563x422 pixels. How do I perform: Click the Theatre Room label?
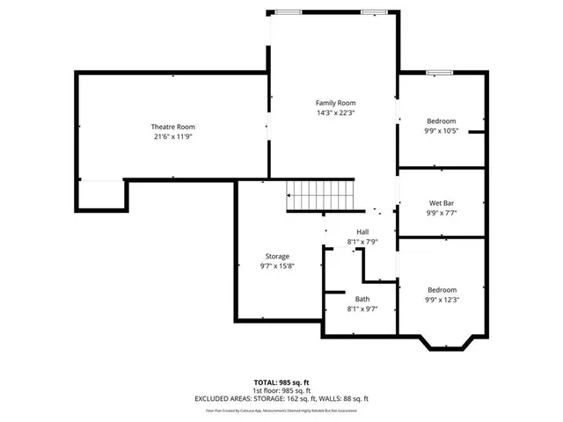[x=172, y=127]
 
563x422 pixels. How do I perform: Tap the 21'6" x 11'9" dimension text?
[x=172, y=136]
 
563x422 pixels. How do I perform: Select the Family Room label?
[x=335, y=103]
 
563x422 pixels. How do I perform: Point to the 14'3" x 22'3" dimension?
[x=335, y=113]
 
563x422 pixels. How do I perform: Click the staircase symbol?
[x=319, y=195]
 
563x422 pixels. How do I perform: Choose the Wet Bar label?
[x=441, y=203]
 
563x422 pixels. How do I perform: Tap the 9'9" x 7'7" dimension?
[x=441, y=213]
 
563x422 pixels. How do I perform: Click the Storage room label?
[x=277, y=256]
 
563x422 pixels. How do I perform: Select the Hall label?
[x=362, y=231]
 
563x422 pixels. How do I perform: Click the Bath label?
[x=362, y=299]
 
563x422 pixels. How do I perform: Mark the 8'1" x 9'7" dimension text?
[x=362, y=309]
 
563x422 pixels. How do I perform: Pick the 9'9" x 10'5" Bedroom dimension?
[x=441, y=130]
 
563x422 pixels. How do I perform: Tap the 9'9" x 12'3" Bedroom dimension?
[x=441, y=300]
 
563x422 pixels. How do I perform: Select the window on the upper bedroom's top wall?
[x=439, y=72]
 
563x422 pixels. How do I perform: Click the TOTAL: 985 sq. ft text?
[x=281, y=382]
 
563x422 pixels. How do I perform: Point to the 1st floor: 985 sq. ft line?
[x=281, y=390]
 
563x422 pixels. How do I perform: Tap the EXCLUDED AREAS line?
[x=281, y=398]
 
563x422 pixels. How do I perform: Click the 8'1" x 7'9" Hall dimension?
[x=362, y=241]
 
